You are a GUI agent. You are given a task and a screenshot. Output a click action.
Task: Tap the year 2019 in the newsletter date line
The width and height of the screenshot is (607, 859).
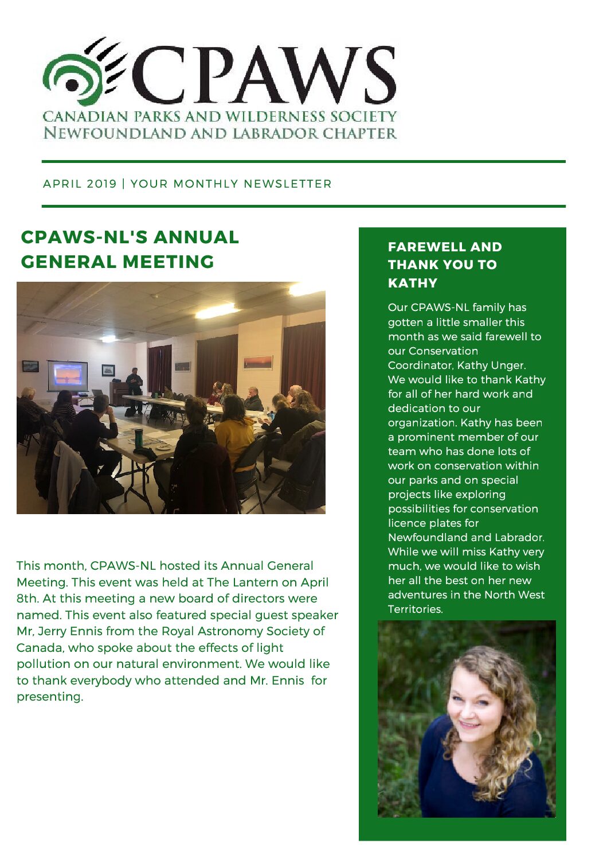point(101,184)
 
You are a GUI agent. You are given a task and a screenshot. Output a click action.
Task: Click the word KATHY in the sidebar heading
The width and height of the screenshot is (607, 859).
point(413,283)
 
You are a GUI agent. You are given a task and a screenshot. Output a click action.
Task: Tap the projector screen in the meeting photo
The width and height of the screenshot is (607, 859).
point(68,375)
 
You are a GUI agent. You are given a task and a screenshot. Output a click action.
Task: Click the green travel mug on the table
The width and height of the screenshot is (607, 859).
point(138,439)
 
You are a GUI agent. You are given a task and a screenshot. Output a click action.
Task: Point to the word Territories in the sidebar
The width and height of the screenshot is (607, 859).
point(415,609)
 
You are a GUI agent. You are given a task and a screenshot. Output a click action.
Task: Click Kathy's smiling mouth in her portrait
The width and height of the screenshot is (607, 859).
point(469,726)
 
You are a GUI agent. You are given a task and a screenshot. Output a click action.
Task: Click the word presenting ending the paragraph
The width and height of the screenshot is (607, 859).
point(49,697)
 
